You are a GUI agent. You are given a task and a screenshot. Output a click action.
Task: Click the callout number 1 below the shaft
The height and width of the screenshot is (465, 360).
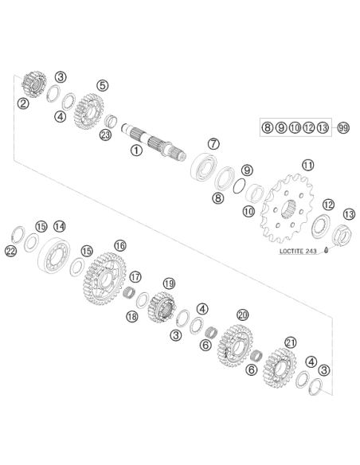(136, 150)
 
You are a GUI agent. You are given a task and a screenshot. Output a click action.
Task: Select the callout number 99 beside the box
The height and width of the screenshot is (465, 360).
(343, 128)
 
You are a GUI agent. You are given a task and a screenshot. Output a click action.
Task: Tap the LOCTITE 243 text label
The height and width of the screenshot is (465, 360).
(298, 251)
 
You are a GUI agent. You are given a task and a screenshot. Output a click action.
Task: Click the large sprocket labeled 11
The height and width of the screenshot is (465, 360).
(287, 208)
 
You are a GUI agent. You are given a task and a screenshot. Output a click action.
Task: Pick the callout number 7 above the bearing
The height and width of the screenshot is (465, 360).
(213, 144)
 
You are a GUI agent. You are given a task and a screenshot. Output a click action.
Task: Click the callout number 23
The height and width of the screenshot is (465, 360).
(105, 135)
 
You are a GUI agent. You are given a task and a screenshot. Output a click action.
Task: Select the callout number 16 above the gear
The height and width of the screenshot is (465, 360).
(120, 245)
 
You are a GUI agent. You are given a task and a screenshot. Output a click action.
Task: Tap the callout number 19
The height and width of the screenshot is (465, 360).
(169, 283)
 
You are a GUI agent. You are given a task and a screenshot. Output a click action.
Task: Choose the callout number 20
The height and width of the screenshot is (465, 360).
(243, 315)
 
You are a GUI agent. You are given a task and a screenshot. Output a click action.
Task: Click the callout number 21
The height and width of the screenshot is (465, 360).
(291, 343)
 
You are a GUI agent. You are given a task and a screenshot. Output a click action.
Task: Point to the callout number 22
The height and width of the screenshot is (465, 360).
(10, 252)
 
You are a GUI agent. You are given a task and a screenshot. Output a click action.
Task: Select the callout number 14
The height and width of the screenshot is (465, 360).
(59, 227)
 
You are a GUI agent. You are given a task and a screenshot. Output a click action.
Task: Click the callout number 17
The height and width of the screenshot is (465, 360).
(135, 277)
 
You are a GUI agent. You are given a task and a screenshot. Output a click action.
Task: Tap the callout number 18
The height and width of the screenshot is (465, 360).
(132, 316)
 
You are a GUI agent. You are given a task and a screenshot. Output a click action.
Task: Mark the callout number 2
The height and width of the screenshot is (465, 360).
(23, 104)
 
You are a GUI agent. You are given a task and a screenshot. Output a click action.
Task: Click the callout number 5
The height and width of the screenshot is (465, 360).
(103, 85)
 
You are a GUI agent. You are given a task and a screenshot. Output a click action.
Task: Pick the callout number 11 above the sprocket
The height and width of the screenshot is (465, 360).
(307, 165)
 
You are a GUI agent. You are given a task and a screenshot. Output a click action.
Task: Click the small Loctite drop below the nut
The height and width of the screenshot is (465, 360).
(326, 250)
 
